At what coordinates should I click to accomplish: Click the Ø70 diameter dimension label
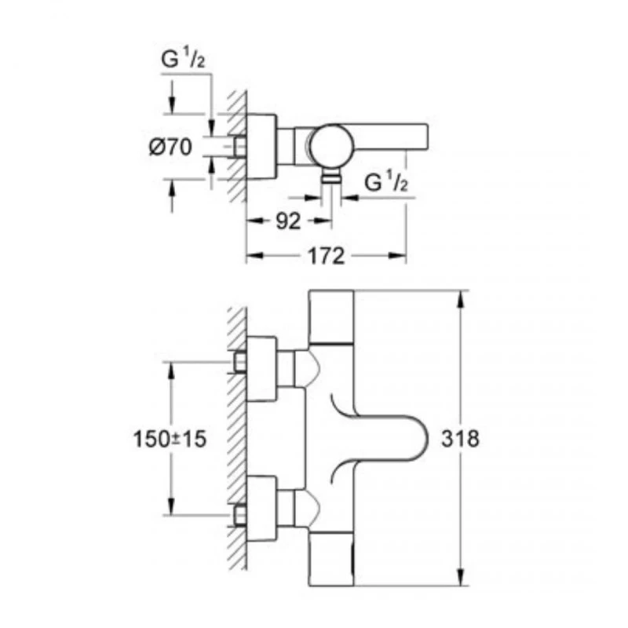[169, 148]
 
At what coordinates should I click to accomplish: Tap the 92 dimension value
[288, 221]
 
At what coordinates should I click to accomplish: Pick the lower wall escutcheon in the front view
[262, 514]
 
